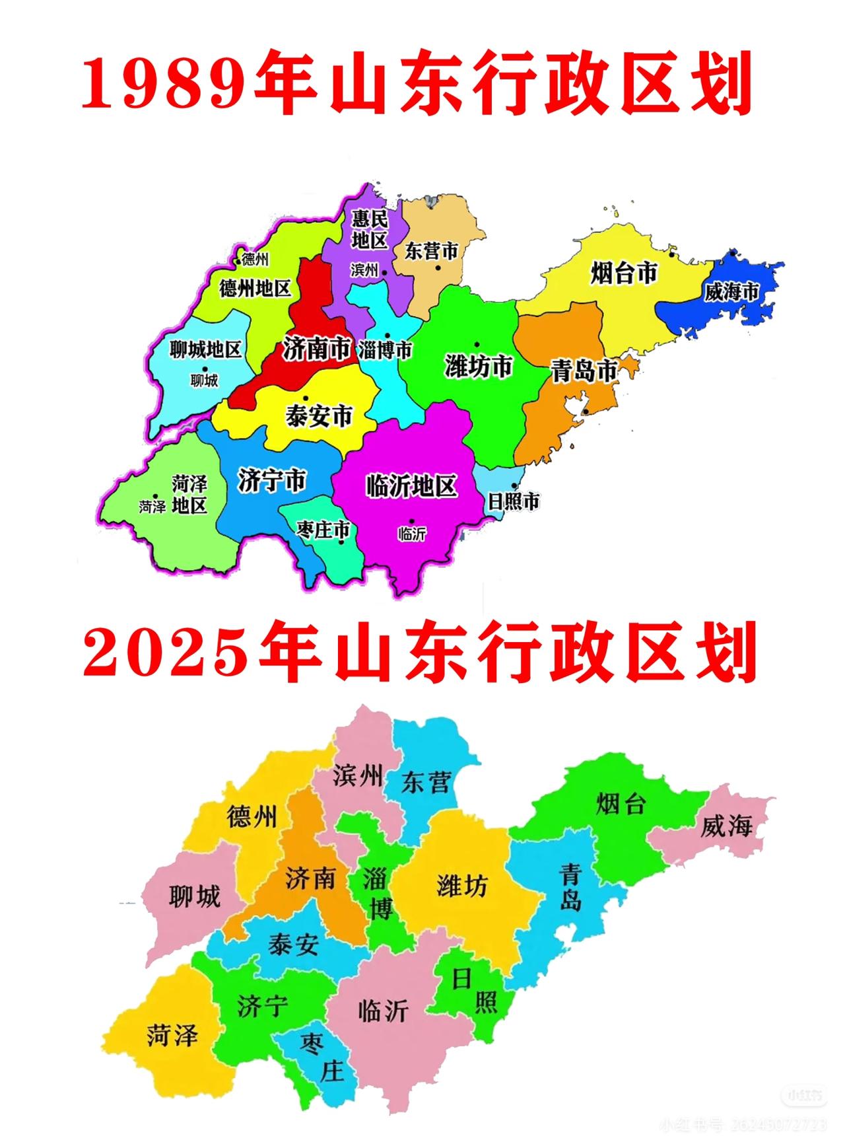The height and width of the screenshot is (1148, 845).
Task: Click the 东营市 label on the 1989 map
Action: click(431, 251)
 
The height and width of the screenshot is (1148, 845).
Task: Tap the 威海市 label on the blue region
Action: click(731, 291)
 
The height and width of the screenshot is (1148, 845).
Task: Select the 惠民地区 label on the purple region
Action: click(369, 229)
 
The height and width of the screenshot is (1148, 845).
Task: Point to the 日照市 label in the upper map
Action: click(513, 501)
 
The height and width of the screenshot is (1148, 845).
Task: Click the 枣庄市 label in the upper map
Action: click(323, 529)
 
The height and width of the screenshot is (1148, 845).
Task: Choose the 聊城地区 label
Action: click(205, 349)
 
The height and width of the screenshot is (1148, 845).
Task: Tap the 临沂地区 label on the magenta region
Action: click(411, 486)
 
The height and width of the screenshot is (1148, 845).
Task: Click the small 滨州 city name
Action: click(364, 269)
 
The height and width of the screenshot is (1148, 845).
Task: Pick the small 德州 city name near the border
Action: click(255, 259)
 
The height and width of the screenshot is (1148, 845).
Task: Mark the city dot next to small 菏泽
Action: click(155, 496)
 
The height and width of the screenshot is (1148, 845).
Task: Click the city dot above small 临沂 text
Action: click(411, 521)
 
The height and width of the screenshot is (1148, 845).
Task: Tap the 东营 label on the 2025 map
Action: click(426, 783)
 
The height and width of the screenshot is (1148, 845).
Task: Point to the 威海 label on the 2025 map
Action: click(726, 825)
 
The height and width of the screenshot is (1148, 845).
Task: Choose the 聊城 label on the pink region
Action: click(194, 897)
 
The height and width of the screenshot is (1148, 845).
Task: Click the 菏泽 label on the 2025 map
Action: click(172, 1034)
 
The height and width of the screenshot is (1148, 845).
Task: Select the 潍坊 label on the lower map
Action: click(461, 886)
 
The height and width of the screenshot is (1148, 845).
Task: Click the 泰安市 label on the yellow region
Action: click(319, 416)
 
